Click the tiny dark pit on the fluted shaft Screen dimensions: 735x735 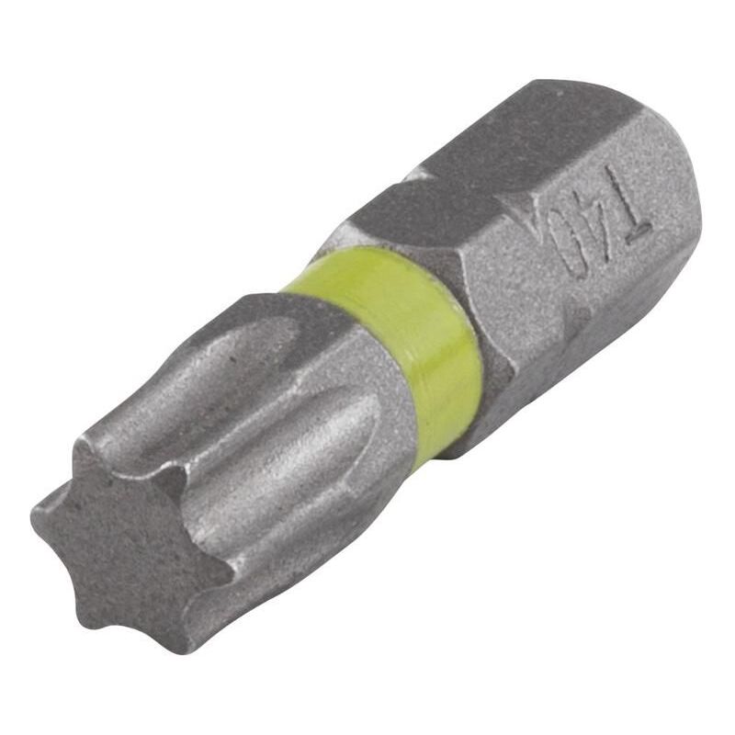[x=232, y=360]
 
